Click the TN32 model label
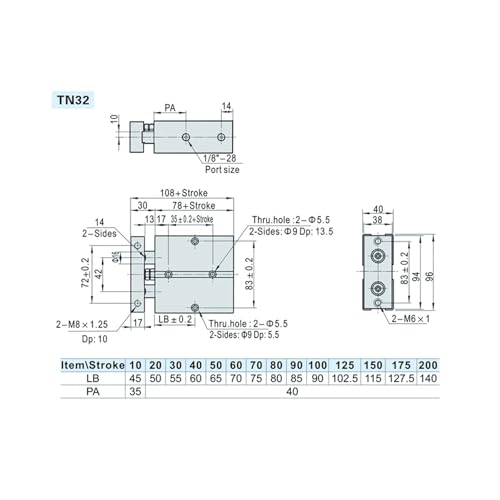pyautogui.click(x=73, y=100)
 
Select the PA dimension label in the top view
pyautogui.click(x=170, y=108)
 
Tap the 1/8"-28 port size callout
pyautogui.click(x=220, y=158)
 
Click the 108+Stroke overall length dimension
pyautogui.click(x=184, y=193)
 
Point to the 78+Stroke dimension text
pyautogui.click(x=194, y=205)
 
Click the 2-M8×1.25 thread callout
pyautogui.click(x=82, y=324)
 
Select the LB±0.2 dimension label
pyautogui.click(x=175, y=319)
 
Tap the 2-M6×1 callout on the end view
pyautogui.click(x=411, y=319)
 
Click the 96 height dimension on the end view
pyautogui.click(x=430, y=276)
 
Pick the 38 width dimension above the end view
pyautogui.click(x=377, y=220)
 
